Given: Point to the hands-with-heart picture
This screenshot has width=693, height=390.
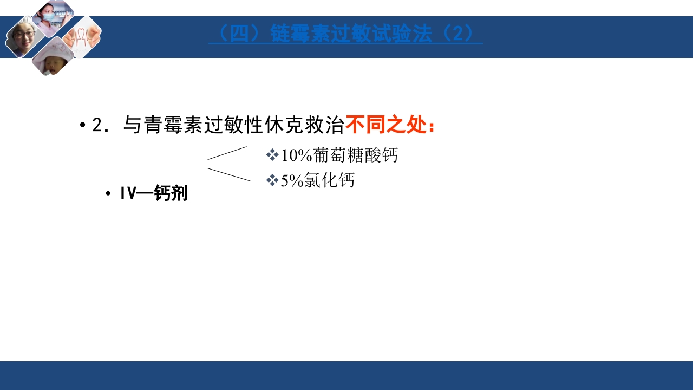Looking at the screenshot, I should coord(82,37).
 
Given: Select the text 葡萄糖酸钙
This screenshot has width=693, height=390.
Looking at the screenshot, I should coord(355,155).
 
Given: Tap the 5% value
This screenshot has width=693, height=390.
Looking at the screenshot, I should coord(292,180).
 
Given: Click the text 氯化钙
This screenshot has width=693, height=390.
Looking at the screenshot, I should coord(329,180).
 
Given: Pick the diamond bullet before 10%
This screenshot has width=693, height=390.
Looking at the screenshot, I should coord(272,155).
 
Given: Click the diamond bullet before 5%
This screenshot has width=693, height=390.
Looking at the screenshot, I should coord(272,180).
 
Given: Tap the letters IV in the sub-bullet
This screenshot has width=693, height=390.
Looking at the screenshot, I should coord(128,193).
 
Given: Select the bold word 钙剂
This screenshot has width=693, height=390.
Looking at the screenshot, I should coord(171,193).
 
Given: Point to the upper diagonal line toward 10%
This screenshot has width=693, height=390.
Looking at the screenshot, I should coord(227,153).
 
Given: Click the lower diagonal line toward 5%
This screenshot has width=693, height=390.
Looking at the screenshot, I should coord(230,174).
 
